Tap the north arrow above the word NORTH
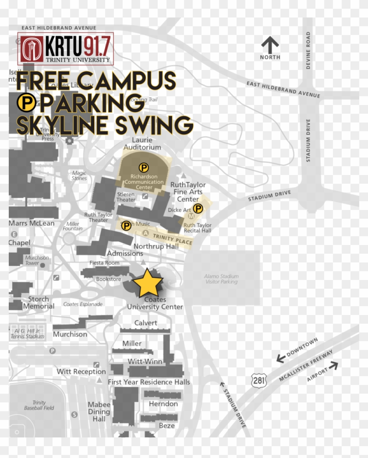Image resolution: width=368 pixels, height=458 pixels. click(x=270, y=45)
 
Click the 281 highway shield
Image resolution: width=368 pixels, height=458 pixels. click(x=259, y=380)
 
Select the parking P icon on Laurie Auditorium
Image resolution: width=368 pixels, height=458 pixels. click(x=143, y=167)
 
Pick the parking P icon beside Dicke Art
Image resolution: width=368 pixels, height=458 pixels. click(x=198, y=208)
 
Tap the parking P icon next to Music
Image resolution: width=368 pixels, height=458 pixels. click(x=126, y=225)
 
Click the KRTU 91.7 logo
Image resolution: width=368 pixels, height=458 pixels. click(x=66, y=48)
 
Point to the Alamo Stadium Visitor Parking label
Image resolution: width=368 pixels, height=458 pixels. click(x=221, y=279)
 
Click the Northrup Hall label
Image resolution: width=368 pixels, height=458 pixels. click(x=156, y=246)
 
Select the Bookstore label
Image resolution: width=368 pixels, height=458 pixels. click(x=108, y=279)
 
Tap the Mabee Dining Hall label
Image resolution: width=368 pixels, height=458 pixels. click(x=99, y=412)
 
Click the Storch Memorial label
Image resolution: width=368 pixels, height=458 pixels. click(x=39, y=303)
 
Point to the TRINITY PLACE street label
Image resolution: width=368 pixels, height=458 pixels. click(x=172, y=239)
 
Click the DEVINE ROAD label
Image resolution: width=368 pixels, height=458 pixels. click(x=308, y=50)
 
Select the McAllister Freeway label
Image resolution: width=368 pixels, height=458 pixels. click(x=306, y=365)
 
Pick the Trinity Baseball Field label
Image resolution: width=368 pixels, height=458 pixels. click(x=39, y=406)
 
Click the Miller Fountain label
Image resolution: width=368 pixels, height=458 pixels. click(x=72, y=226)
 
